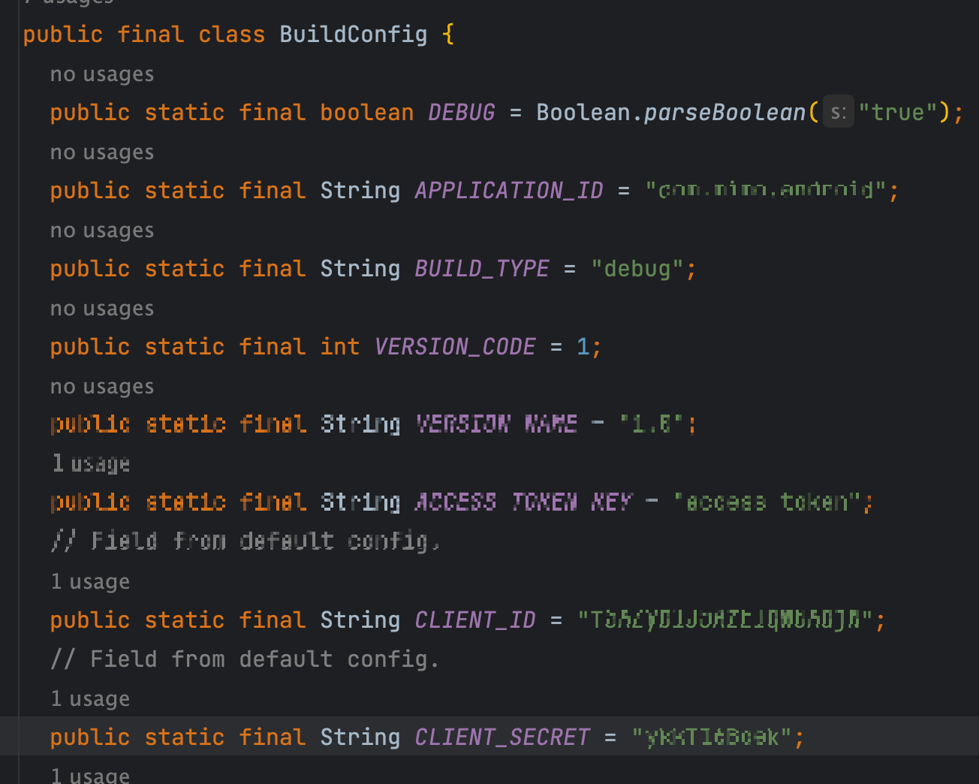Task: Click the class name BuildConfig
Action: coord(353,35)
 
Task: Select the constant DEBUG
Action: coord(462,113)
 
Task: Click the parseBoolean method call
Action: coord(724,113)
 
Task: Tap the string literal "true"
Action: coord(898,113)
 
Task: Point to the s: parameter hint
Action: coord(839,113)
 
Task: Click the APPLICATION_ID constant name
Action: coord(509,191)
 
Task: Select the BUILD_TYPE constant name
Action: coord(482,269)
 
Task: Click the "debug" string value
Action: coord(637,269)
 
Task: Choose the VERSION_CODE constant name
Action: coord(455,347)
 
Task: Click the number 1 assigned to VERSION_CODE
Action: coord(583,347)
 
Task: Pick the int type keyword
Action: coord(340,347)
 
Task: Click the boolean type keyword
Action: coord(367,113)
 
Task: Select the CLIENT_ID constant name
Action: coord(475,620)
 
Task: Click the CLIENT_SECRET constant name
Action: coord(502,737)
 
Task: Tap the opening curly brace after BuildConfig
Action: coord(448,35)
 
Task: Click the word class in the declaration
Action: coord(231,35)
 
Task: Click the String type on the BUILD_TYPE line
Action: coord(360,269)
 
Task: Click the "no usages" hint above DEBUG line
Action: coord(102,74)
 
